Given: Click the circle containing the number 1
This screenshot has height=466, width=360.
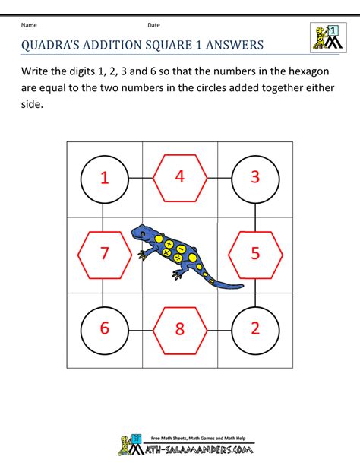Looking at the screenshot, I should [x=104, y=178].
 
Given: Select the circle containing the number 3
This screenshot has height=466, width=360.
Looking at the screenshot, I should [x=255, y=178].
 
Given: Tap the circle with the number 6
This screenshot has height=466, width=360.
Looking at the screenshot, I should [x=104, y=328].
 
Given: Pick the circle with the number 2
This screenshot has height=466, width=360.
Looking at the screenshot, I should [x=255, y=328].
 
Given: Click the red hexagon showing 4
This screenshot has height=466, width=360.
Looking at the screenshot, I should [x=180, y=178].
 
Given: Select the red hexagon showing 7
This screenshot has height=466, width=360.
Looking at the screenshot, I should [x=104, y=253].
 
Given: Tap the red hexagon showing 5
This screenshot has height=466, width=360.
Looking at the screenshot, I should [x=255, y=253].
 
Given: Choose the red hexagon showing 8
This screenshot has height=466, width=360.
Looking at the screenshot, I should [x=180, y=328].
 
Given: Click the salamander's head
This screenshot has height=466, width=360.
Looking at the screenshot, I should [x=141, y=231].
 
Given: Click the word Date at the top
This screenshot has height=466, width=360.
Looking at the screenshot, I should [x=154, y=25].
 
